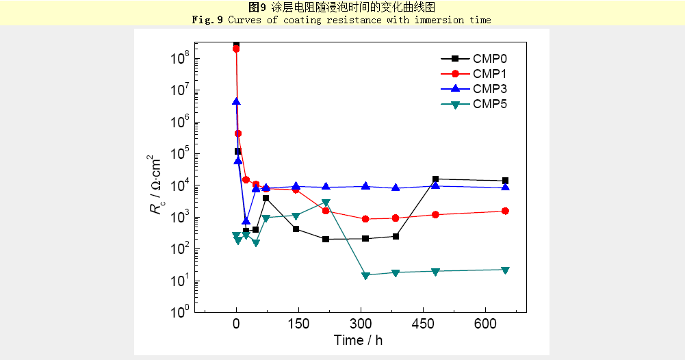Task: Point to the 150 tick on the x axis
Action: [x=298, y=324]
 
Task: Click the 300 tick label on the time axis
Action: [x=361, y=324]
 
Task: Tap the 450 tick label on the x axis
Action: [x=423, y=324]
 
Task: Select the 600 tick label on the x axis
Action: [x=485, y=324]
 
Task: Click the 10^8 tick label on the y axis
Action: [x=180, y=58]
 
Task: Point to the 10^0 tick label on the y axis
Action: [x=180, y=312]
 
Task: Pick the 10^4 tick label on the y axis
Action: [x=180, y=185]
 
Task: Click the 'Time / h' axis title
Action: [x=358, y=340]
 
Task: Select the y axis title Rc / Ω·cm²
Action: [x=159, y=185]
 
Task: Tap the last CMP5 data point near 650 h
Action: [x=505, y=270]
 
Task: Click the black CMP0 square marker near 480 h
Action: [x=435, y=179]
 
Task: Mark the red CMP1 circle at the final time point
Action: [x=505, y=211]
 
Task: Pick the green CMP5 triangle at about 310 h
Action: [x=365, y=276]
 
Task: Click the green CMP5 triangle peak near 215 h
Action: [x=326, y=203]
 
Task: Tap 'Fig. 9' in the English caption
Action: [x=207, y=20]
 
